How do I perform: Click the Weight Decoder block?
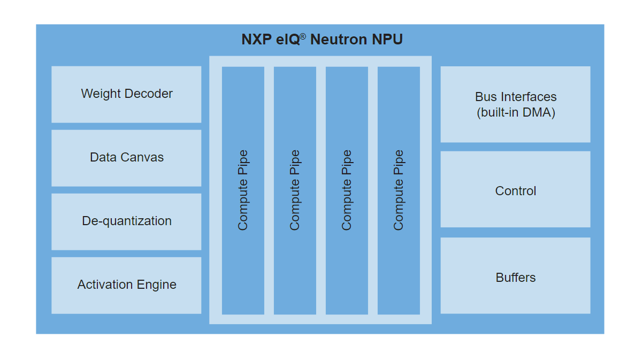(x=126, y=94)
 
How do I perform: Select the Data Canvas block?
(x=126, y=158)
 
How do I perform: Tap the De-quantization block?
(x=126, y=221)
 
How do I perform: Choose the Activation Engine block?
(x=126, y=285)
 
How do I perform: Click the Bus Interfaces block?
(x=515, y=104)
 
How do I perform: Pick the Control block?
(x=515, y=191)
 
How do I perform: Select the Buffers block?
(x=515, y=278)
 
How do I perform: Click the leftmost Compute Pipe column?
(x=243, y=190)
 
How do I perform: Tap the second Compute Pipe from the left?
(x=295, y=190)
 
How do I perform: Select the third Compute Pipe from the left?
(x=347, y=190)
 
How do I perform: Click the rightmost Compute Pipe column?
(x=399, y=190)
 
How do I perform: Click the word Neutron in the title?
(x=339, y=40)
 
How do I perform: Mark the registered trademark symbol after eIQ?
(x=303, y=36)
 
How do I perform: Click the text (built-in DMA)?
(x=515, y=113)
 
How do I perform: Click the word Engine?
(x=156, y=285)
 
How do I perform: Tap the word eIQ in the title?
(x=288, y=40)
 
